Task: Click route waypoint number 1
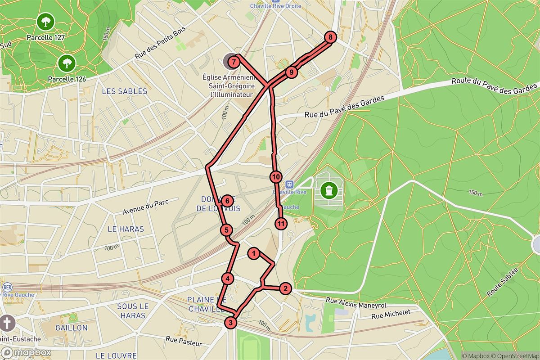[x=254, y=254]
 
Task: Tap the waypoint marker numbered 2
[x=285, y=288]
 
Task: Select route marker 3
[x=230, y=322]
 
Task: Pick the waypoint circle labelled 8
[x=330, y=37]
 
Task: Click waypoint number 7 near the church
[x=234, y=61]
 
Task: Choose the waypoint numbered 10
[x=276, y=177]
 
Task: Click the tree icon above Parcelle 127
[x=45, y=21]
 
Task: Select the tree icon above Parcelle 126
[x=67, y=63]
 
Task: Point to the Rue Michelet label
[x=391, y=315]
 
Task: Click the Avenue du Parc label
[x=145, y=207]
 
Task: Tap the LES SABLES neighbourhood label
[x=125, y=91]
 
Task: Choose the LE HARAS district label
[x=126, y=229]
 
